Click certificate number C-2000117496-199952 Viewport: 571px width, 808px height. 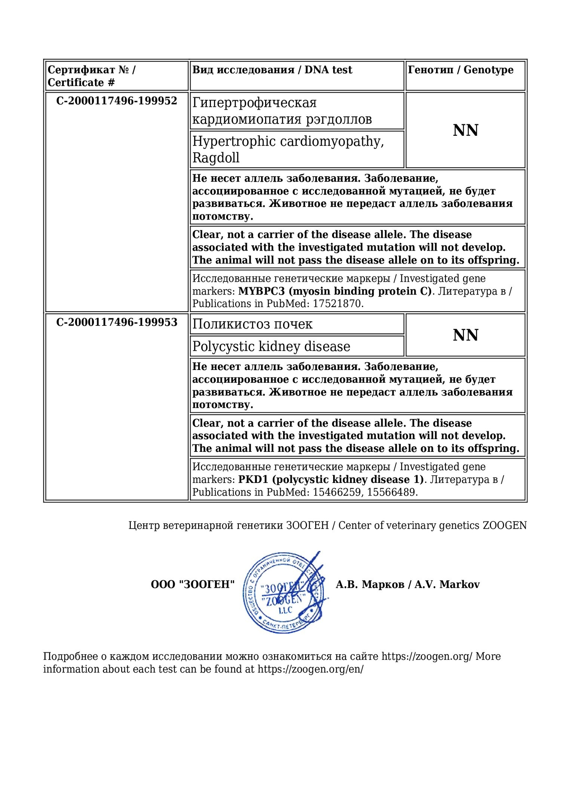point(117,101)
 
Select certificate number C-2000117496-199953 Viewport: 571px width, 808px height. point(117,322)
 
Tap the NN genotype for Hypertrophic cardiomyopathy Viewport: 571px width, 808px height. point(466,131)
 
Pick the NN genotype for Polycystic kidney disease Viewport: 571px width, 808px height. point(466,335)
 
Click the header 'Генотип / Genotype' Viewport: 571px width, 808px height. point(461,70)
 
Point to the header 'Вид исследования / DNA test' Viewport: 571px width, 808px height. point(272,70)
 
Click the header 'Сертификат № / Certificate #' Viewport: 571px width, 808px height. point(92,76)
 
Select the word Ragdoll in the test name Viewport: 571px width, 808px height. point(216,157)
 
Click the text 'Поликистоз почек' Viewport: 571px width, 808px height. point(252,324)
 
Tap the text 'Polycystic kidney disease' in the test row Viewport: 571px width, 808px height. point(271,346)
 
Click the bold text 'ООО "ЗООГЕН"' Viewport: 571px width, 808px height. point(193,585)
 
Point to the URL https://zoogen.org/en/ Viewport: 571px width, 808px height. point(310,669)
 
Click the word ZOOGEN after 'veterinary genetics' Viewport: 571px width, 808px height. point(504,526)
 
